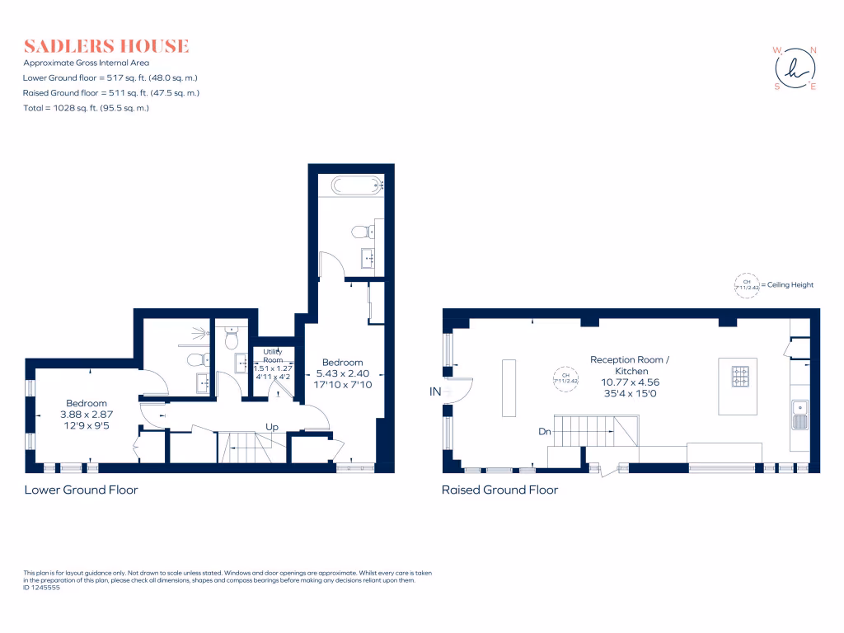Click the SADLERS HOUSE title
tap(106, 46)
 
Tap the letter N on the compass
tap(814, 50)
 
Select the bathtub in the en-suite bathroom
tap(357, 185)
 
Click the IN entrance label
tap(435, 393)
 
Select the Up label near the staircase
tap(270, 427)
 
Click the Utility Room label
tap(273, 355)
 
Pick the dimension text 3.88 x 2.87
tap(87, 414)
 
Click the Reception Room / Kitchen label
tap(630, 365)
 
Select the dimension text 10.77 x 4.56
tap(630, 382)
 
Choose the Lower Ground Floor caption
tap(81, 490)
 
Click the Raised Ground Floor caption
tap(499, 490)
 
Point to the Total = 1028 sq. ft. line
tap(86, 108)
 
